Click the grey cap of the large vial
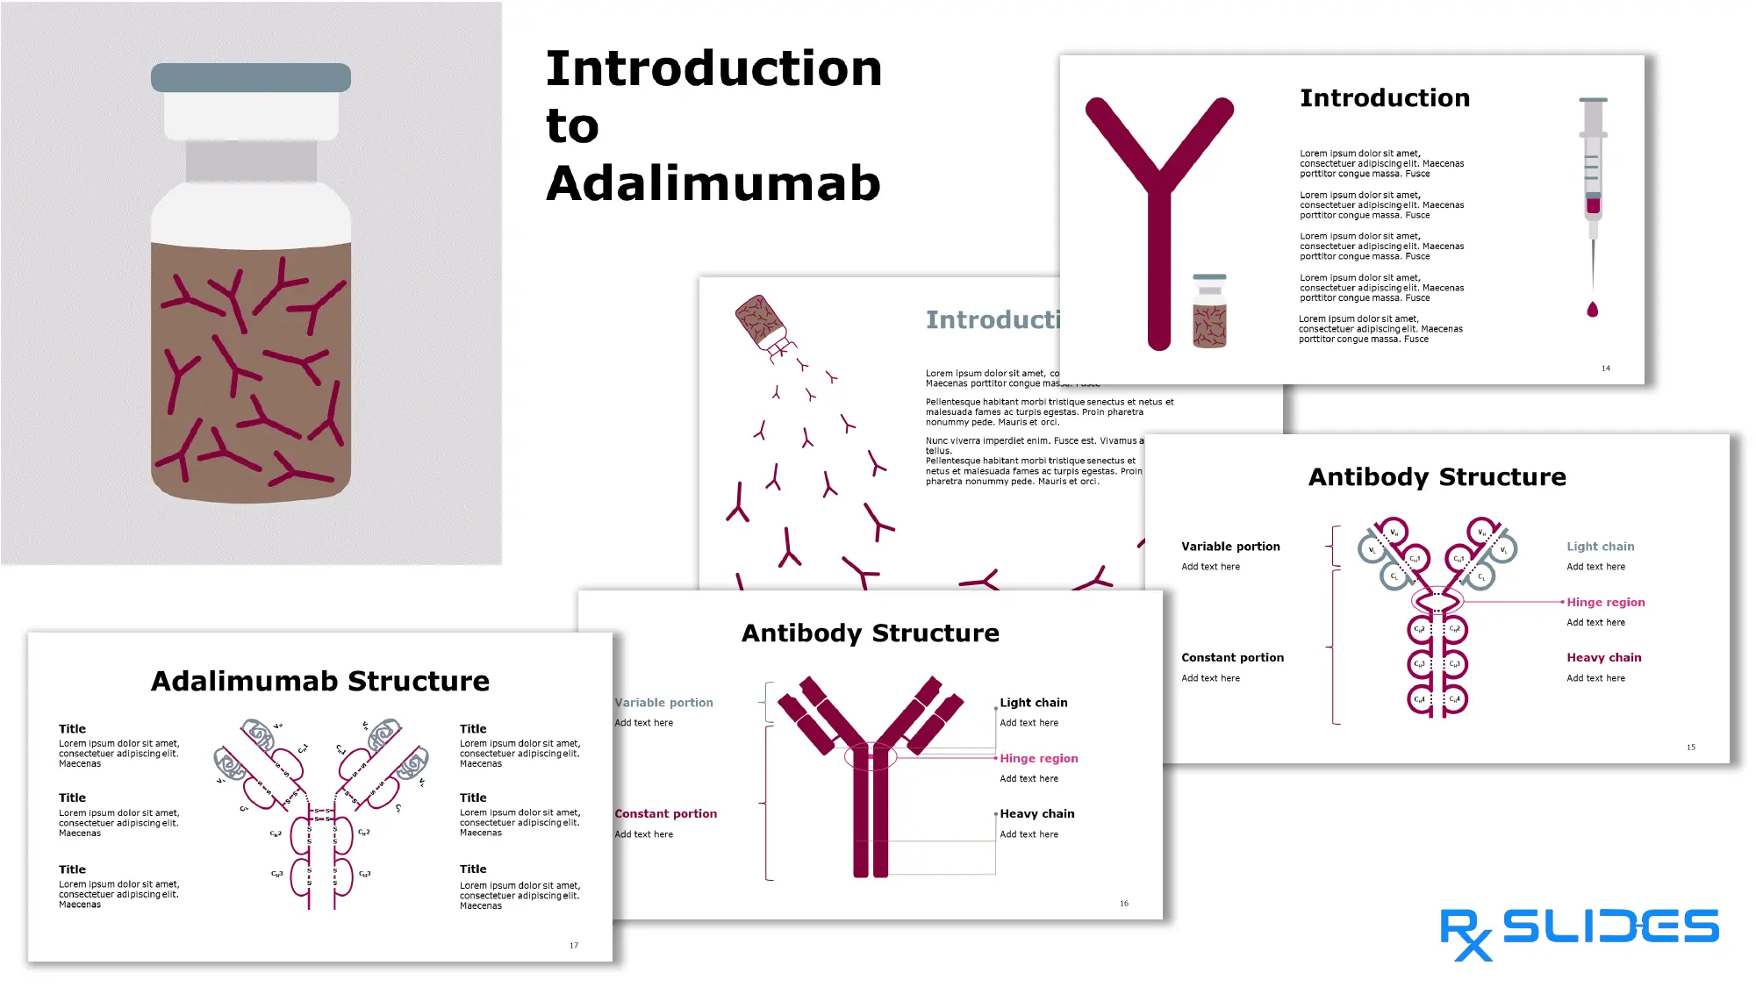pyautogui.click(x=250, y=77)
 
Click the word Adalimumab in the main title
pyautogui.click(x=713, y=183)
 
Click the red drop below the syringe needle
pyautogui.click(x=1593, y=309)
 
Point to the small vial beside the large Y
pyautogui.click(x=1209, y=311)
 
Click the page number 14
pyautogui.click(x=1605, y=368)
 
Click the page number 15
pyautogui.click(x=1690, y=747)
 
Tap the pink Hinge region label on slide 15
pyautogui.click(x=1605, y=603)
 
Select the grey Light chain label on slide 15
pyautogui.click(x=1600, y=547)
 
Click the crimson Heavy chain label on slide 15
pyautogui.click(x=1603, y=658)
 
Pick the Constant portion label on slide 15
pyautogui.click(x=1232, y=658)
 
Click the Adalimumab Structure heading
pyautogui.click(x=320, y=682)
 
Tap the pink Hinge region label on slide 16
pyautogui.click(x=1038, y=759)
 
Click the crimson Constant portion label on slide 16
pyautogui.click(x=666, y=814)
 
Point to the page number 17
pyautogui.click(x=574, y=946)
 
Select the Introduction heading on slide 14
pyautogui.click(x=1384, y=98)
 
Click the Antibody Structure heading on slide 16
pyautogui.click(x=870, y=633)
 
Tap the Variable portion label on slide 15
pyautogui.click(x=1230, y=547)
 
